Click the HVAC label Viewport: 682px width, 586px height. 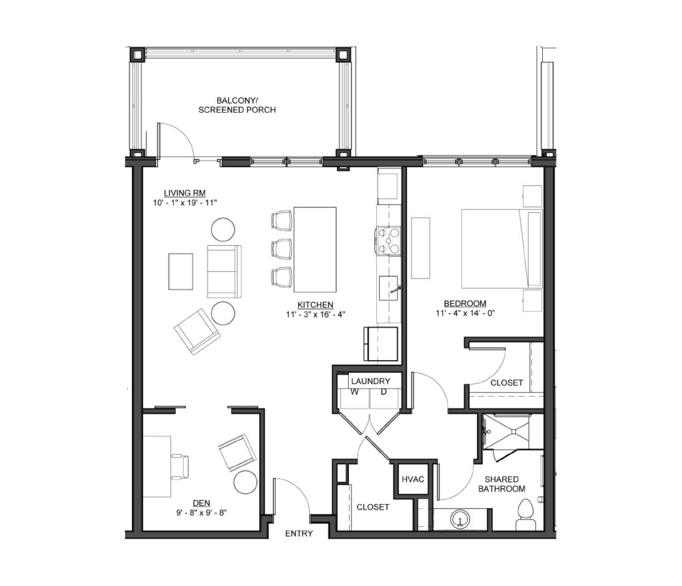(x=412, y=479)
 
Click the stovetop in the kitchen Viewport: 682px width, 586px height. (x=388, y=240)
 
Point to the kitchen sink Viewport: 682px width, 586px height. (x=388, y=288)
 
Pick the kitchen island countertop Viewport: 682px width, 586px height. (x=315, y=249)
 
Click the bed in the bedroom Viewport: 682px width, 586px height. (x=502, y=249)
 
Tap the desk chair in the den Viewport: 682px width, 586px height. (x=181, y=467)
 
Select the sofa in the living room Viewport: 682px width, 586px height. (x=224, y=271)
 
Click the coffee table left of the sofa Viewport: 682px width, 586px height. (x=180, y=271)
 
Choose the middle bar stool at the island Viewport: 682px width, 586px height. (x=282, y=249)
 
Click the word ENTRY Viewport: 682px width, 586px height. (x=299, y=533)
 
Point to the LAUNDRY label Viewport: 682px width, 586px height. (x=370, y=381)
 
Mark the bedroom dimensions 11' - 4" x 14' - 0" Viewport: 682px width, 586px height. (x=465, y=313)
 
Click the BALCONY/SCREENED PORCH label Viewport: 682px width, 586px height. (x=237, y=105)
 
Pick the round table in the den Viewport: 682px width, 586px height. (x=245, y=483)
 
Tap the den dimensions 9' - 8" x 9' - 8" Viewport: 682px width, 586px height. (x=201, y=513)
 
